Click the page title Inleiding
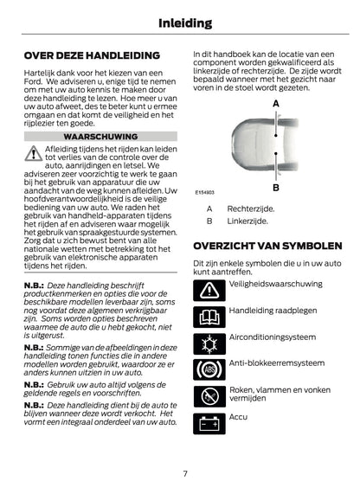(x=179, y=20)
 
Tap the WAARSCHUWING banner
(x=100, y=137)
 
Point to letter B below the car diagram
(x=275, y=186)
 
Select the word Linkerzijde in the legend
(x=247, y=221)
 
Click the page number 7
(x=184, y=472)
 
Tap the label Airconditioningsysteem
(x=271, y=337)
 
